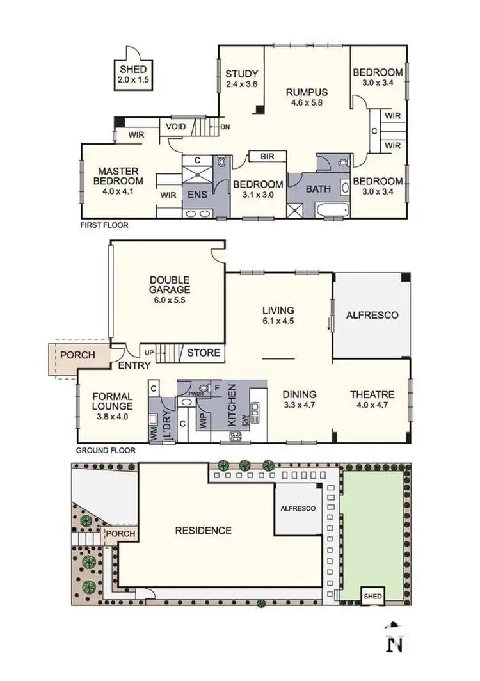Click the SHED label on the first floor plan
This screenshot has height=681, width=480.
132,69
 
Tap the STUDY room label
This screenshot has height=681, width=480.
242,73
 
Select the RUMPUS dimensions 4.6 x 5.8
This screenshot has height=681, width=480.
307,102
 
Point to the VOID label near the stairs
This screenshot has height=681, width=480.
176,127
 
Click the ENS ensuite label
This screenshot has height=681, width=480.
196,195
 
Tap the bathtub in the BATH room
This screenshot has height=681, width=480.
332,208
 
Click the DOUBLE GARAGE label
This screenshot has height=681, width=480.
170,285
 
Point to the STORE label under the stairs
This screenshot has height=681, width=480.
204,353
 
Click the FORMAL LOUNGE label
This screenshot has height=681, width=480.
112,401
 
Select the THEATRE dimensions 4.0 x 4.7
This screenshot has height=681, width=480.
371,405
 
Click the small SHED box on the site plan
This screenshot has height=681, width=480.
372,596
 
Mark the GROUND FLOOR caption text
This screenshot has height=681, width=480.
106,450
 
